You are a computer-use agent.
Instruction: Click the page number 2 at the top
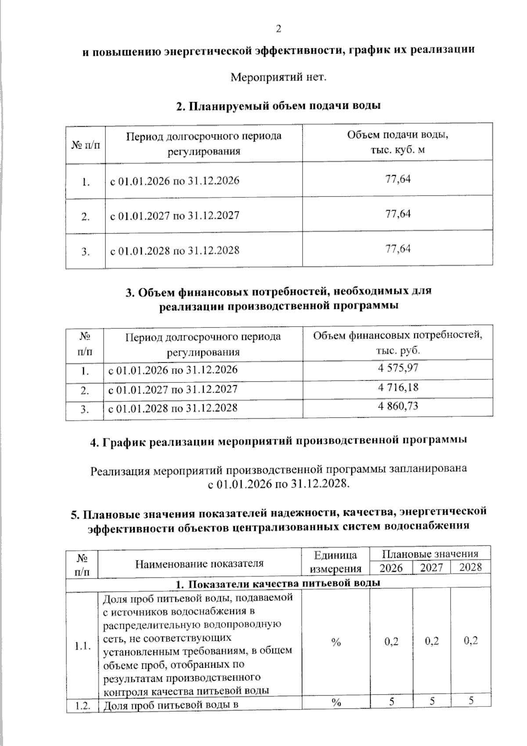click(278, 29)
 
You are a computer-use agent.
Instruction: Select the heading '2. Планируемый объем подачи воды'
click(278, 106)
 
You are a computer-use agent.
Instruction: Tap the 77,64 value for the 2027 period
click(397, 214)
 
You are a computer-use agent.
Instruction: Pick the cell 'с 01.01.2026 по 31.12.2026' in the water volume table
click(174, 181)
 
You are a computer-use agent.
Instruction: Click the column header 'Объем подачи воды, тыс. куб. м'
click(397, 142)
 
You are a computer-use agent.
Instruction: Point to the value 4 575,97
click(397, 368)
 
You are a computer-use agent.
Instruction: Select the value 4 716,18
click(397, 387)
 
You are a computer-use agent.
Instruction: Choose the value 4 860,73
click(397, 406)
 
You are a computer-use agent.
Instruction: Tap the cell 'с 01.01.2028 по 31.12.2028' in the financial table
click(173, 408)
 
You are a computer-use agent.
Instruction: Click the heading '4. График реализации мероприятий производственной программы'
click(278, 440)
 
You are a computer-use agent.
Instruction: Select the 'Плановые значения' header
click(430, 553)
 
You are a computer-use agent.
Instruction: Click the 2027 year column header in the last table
click(431, 568)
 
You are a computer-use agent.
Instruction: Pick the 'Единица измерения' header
click(336, 561)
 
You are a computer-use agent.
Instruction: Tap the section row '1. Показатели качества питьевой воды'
click(278, 583)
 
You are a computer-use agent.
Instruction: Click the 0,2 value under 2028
click(470, 640)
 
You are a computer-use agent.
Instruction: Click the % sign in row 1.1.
click(336, 642)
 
